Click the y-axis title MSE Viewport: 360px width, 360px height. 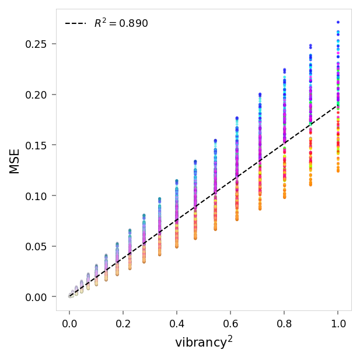tap(15, 160)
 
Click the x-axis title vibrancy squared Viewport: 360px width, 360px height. tap(204, 342)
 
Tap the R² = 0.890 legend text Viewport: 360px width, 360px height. tap(121, 24)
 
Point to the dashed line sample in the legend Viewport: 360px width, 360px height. tap(75, 24)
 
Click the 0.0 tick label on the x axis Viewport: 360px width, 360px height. tap(69, 322)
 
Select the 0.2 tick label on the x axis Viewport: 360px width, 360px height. tap(123, 322)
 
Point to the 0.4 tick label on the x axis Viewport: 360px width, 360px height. tap(177, 322)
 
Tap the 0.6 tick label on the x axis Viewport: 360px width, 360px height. tap(230, 322)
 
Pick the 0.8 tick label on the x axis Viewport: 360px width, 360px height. tap(284, 322)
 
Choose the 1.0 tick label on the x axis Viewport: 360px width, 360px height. tap(338, 322)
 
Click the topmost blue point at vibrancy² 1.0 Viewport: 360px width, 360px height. tap(338, 22)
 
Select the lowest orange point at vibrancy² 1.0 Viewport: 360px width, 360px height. tap(338, 171)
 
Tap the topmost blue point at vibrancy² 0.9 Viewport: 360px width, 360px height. tap(310, 45)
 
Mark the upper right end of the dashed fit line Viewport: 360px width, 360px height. tap(338, 106)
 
